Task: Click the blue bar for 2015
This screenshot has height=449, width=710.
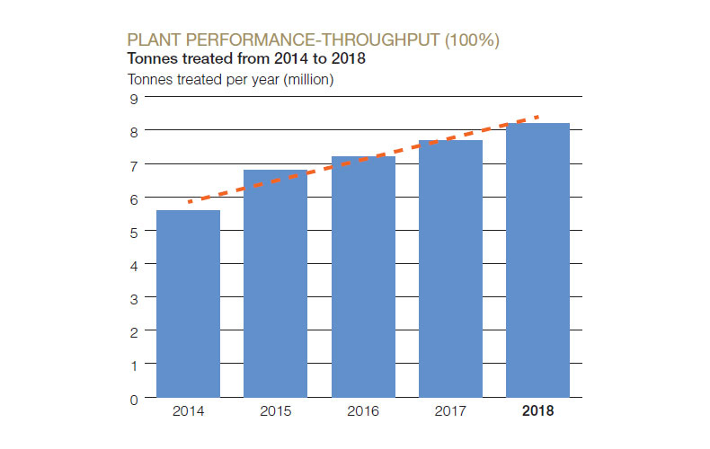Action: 275,283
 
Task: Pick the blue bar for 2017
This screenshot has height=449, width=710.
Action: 450,269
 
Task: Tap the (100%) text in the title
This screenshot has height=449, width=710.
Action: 466,40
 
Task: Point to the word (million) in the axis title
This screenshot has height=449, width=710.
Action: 304,79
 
